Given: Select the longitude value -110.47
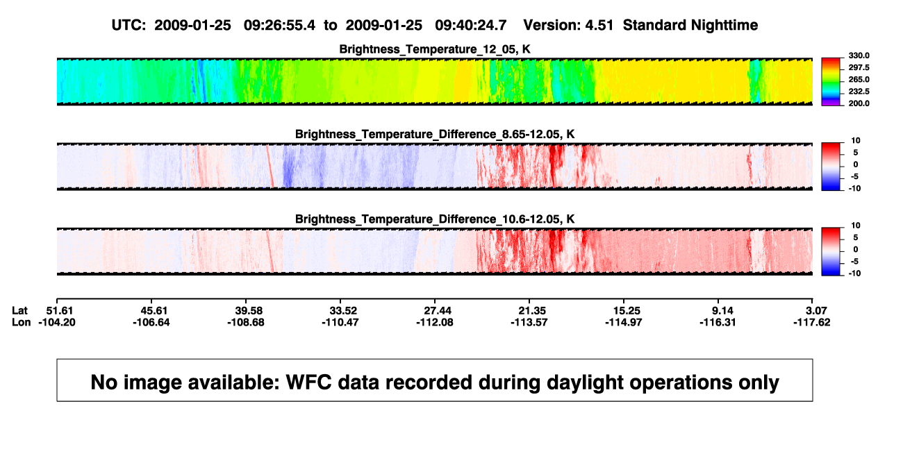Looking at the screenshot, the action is (x=340, y=322).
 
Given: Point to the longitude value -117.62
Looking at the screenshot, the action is (x=812, y=322).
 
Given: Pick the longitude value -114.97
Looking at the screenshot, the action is (x=624, y=322).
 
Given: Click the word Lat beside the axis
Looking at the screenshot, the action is (x=19, y=311).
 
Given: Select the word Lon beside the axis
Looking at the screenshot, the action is (x=22, y=322).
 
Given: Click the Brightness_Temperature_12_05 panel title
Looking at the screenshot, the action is (x=435, y=49).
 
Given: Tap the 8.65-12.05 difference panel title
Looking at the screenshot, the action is (x=435, y=134).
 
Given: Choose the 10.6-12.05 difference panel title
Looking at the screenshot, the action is (x=435, y=219).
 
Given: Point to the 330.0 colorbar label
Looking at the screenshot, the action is (x=859, y=56).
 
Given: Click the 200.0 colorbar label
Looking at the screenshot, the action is (x=859, y=103).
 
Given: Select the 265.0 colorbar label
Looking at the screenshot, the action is (x=859, y=79).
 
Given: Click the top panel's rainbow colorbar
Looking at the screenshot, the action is (x=831, y=82).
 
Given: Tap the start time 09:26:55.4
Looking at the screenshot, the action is (x=279, y=25).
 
